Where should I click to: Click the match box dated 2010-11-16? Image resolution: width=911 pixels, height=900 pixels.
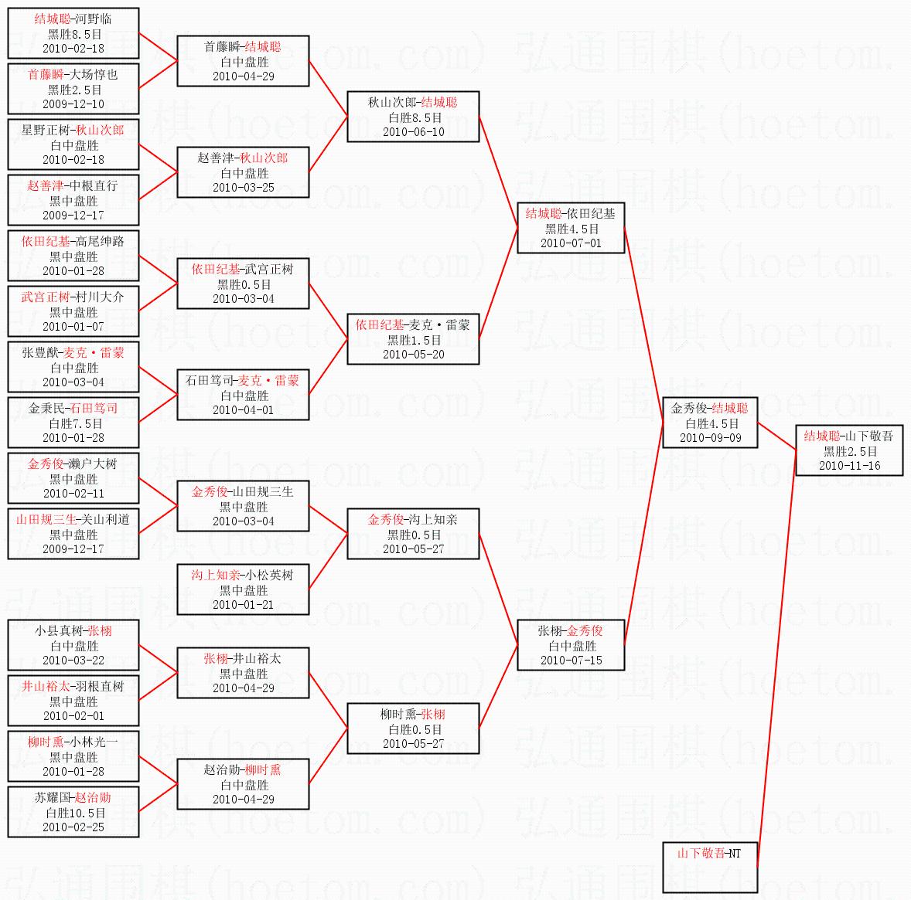(848, 450)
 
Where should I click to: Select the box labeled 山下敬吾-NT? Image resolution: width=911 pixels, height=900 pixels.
(709, 867)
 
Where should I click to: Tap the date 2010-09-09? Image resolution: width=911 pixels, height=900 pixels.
(710, 438)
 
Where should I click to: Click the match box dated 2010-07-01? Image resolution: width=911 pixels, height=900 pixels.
(571, 228)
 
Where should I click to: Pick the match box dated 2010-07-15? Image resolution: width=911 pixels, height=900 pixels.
(571, 645)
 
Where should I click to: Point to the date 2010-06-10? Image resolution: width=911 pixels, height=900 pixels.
(413, 132)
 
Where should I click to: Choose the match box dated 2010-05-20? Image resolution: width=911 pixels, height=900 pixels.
(413, 339)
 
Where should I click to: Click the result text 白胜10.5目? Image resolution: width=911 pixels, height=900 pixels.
(74, 813)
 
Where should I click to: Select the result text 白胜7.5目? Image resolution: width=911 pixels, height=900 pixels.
(74, 423)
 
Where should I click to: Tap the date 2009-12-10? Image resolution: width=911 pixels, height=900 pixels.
(73, 104)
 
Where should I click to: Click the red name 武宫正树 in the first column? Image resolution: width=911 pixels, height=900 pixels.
(45, 297)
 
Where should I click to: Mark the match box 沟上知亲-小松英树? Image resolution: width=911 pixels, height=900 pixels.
(243, 589)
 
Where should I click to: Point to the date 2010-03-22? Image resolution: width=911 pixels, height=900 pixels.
(73, 661)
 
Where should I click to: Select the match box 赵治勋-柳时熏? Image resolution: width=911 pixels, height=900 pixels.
(243, 784)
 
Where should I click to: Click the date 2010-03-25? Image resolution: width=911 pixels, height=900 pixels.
(243, 188)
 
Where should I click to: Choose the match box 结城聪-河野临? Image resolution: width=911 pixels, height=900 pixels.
(73, 33)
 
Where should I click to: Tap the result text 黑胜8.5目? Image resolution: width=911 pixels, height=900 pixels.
(74, 34)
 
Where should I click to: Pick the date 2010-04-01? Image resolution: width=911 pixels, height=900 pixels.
(243, 410)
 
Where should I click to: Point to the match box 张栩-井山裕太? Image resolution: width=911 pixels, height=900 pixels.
(243, 673)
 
